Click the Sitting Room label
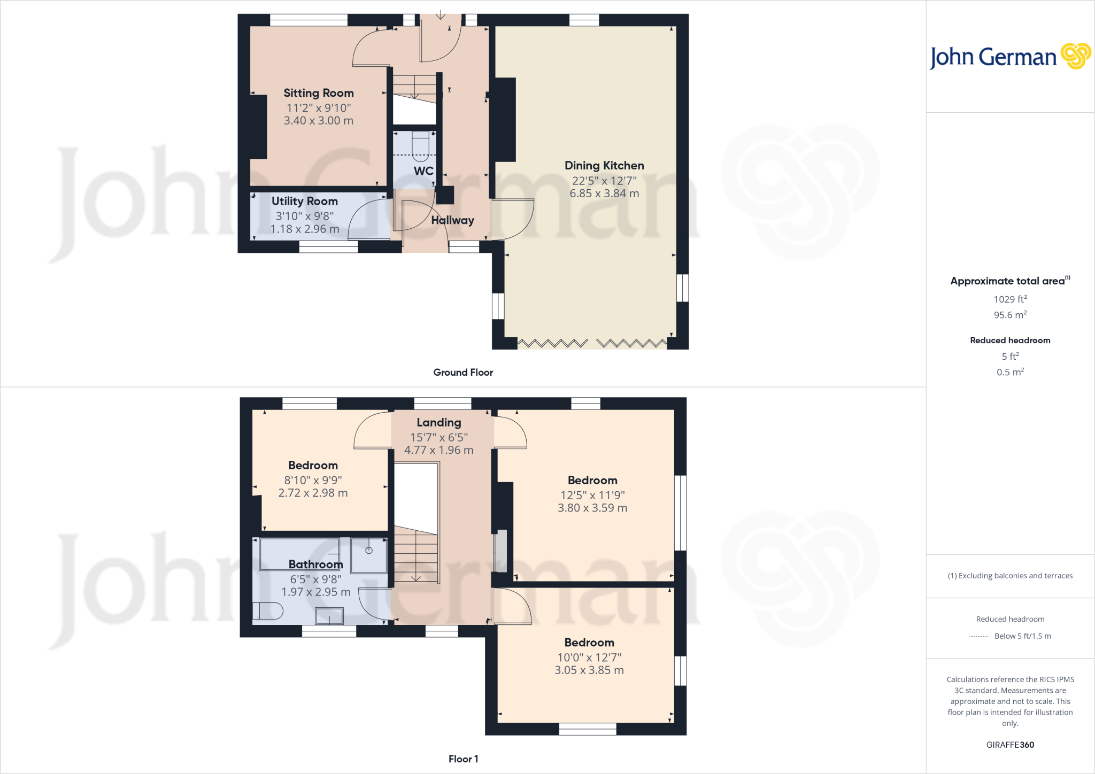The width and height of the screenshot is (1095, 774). pyautogui.click(x=318, y=93)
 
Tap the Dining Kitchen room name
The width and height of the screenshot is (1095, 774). pyautogui.click(x=604, y=166)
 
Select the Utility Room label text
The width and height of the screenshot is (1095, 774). pyautogui.click(x=304, y=202)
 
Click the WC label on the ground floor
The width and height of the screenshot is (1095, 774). pyautogui.click(x=423, y=171)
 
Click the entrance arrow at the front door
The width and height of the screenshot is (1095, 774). pyautogui.click(x=440, y=14)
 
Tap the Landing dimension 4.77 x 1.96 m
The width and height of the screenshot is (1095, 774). pyautogui.click(x=438, y=450)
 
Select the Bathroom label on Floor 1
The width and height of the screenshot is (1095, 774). pyautogui.click(x=315, y=564)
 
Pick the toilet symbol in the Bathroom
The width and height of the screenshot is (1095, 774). pyautogui.click(x=267, y=610)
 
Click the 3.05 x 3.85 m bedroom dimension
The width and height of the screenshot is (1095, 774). pyautogui.click(x=589, y=670)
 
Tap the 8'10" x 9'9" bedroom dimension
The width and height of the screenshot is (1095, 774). pyautogui.click(x=313, y=480)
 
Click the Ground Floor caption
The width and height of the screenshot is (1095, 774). pyautogui.click(x=463, y=373)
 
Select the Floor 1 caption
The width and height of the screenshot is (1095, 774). pyautogui.click(x=463, y=759)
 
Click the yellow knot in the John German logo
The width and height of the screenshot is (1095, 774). pyautogui.click(x=1075, y=56)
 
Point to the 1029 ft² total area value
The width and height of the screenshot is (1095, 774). pyautogui.click(x=1010, y=299)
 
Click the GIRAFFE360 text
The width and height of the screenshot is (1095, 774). pyautogui.click(x=1010, y=745)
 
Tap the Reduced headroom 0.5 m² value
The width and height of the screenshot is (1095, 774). pyautogui.click(x=1010, y=372)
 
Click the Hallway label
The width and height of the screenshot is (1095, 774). pyautogui.click(x=452, y=220)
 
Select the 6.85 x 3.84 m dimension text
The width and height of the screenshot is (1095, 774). pyautogui.click(x=604, y=193)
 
